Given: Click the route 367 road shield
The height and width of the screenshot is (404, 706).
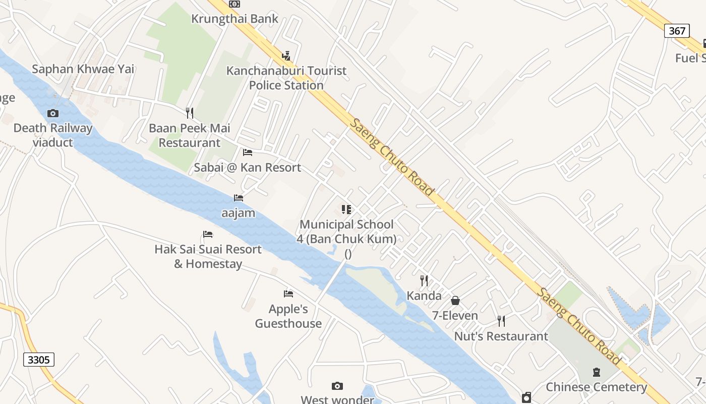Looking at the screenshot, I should point(677,31).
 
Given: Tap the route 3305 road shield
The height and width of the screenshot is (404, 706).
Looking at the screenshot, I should point(39,360).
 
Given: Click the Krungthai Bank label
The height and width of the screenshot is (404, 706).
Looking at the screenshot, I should point(234,19).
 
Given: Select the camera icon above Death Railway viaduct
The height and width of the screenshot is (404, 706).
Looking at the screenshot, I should point(53,113).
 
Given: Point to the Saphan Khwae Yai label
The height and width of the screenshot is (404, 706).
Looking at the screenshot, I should point(83,69).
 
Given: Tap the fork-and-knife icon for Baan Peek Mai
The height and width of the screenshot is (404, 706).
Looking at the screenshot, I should point(190,113).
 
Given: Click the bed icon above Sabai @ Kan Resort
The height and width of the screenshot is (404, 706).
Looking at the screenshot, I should point(248,152).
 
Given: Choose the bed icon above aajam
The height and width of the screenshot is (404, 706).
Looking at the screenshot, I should point(239,197).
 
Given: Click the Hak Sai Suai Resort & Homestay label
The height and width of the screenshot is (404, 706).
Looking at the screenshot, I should point(208,257).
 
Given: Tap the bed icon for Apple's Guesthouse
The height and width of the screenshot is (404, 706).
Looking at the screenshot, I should point(288,293).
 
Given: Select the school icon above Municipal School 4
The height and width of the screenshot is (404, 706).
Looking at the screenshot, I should point(346,209).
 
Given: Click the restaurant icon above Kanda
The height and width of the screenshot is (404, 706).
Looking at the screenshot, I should point(424,281).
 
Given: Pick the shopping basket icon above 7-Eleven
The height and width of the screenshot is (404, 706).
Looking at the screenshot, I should point(455,300).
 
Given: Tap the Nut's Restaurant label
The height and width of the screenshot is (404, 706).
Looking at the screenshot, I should point(501,336).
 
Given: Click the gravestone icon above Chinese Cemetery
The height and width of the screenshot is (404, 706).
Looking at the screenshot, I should point(597,372).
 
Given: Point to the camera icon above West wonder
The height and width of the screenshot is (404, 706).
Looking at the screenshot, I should point(337,386).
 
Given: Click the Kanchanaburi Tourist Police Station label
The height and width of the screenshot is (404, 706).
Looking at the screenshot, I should point(286,78).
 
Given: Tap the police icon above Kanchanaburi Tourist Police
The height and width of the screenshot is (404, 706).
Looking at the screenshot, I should point(286,56).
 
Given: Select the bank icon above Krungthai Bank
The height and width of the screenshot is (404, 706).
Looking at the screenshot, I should point(234,4).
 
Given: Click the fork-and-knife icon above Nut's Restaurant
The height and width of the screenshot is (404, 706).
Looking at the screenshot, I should point(501,321).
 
